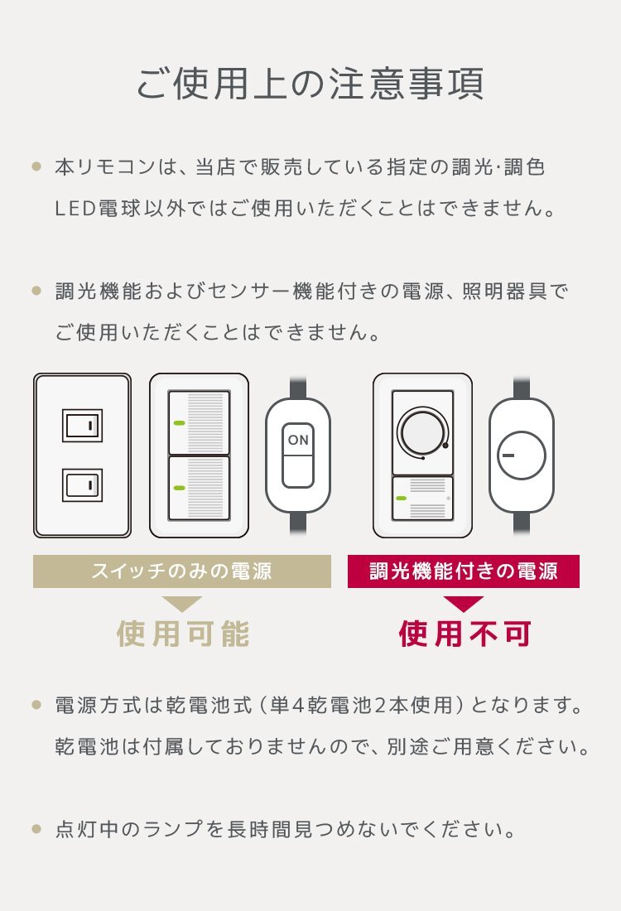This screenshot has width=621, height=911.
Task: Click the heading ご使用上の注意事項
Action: (x=310, y=84)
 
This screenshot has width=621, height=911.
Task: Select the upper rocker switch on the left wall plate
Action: (x=83, y=426)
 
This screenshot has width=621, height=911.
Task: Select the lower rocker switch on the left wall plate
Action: (x=83, y=485)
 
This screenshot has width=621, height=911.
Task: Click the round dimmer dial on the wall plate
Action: (x=422, y=432)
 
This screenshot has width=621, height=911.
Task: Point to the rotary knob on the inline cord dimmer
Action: (x=522, y=455)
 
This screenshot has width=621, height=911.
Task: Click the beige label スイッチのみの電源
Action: (x=182, y=571)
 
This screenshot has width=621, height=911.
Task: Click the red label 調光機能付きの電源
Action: (x=464, y=571)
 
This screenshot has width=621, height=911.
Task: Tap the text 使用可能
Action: (x=183, y=634)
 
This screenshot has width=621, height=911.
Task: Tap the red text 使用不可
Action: (x=465, y=634)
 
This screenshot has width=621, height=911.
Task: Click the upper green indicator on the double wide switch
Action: (x=179, y=423)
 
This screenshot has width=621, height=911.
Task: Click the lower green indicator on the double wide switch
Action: (x=179, y=488)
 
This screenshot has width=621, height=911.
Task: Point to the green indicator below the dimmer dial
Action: (x=401, y=499)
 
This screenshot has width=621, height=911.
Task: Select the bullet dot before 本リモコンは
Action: (x=36, y=166)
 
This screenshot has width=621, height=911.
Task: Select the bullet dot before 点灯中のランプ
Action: (x=36, y=829)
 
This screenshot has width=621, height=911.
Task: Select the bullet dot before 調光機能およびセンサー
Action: (x=36, y=291)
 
